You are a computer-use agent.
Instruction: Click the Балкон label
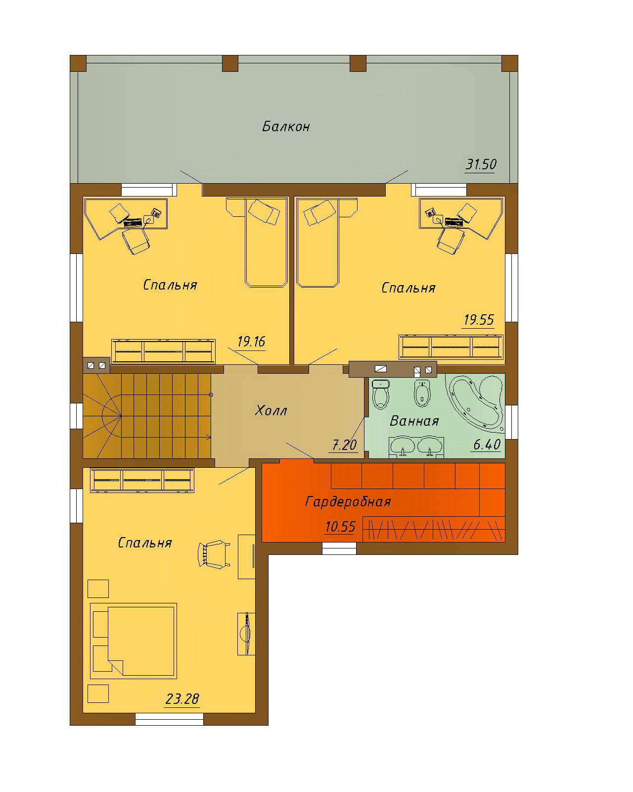tap(286, 127)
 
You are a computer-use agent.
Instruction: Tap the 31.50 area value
tap(481, 164)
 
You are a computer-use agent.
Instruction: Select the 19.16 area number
tap(251, 342)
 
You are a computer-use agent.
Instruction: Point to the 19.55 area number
tap(479, 320)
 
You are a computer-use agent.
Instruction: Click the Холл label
tap(271, 410)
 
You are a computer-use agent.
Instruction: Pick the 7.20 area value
tap(344, 445)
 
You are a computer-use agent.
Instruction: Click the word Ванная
tap(414, 421)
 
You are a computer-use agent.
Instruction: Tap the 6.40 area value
tap(487, 445)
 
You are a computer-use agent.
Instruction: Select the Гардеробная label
tap(348, 502)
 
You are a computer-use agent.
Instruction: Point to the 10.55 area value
tap(340, 527)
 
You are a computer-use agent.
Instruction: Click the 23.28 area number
tap(182, 698)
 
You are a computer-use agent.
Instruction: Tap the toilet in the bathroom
tap(381, 395)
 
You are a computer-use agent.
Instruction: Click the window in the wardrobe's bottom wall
tap(339, 548)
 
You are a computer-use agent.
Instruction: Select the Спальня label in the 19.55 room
tap(408, 288)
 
